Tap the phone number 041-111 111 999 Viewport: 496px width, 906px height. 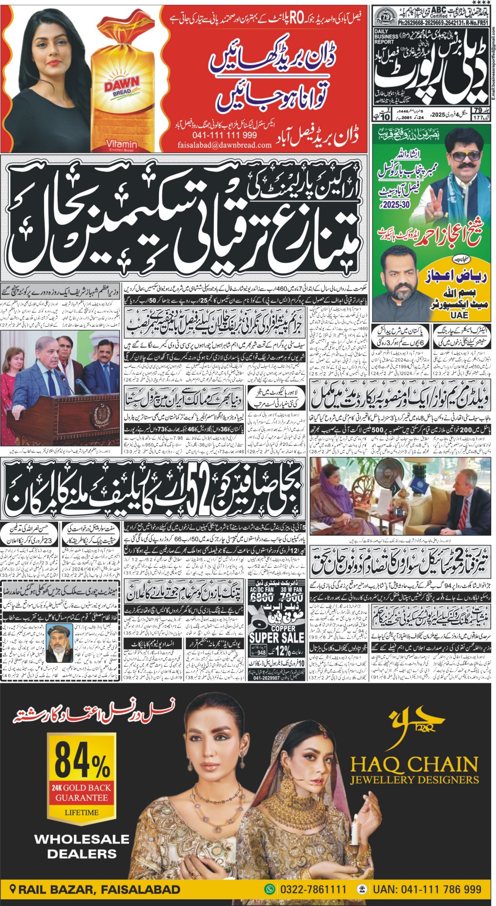tap(224, 135)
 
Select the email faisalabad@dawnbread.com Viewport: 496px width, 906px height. tap(224, 145)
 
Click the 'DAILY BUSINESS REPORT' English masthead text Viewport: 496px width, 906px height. tap(386, 37)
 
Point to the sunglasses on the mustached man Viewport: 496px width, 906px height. tap(463, 157)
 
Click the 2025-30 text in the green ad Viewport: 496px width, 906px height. tap(396, 205)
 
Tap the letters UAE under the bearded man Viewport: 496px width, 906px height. tap(459, 314)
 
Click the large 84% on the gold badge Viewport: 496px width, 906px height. tap(81, 760)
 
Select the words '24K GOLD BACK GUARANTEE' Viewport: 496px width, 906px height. tap(81, 792)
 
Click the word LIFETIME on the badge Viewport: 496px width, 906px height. tap(81, 812)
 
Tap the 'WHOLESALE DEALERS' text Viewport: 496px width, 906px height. tap(81, 846)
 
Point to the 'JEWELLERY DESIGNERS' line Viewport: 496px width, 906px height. tap(414, 780)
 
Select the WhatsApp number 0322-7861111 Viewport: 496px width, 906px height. tap(312, 890)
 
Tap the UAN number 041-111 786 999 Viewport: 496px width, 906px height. tap(427, 890)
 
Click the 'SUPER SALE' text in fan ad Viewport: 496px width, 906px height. tap(276, 638)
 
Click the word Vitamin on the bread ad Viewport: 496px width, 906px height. tap(121, 144)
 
